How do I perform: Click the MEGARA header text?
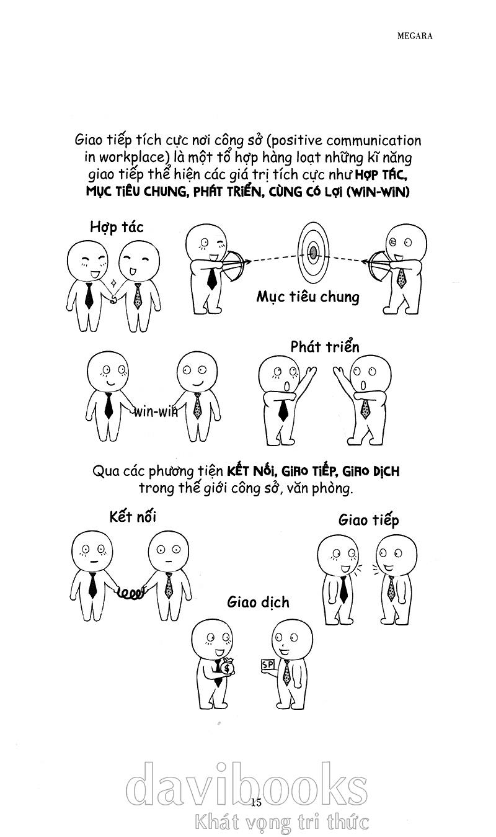(415, 36)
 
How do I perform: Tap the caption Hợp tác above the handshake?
(117, 227)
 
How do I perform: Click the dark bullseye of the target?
(313, 253)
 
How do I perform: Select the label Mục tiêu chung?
(308, 297)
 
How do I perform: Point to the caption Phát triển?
(324, 347)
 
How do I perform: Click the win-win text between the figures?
(156, 412)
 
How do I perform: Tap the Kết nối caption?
(133, 516)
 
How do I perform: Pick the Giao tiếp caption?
(369, 520)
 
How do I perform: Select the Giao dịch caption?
(258, 602)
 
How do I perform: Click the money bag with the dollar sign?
(227, 667)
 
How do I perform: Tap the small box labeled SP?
(268, 665)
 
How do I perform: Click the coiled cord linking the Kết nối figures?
(130, 593)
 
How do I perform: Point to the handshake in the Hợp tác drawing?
(113, 298)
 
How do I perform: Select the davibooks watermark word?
(247, 786)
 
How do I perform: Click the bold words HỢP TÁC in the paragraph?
(380, 175)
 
